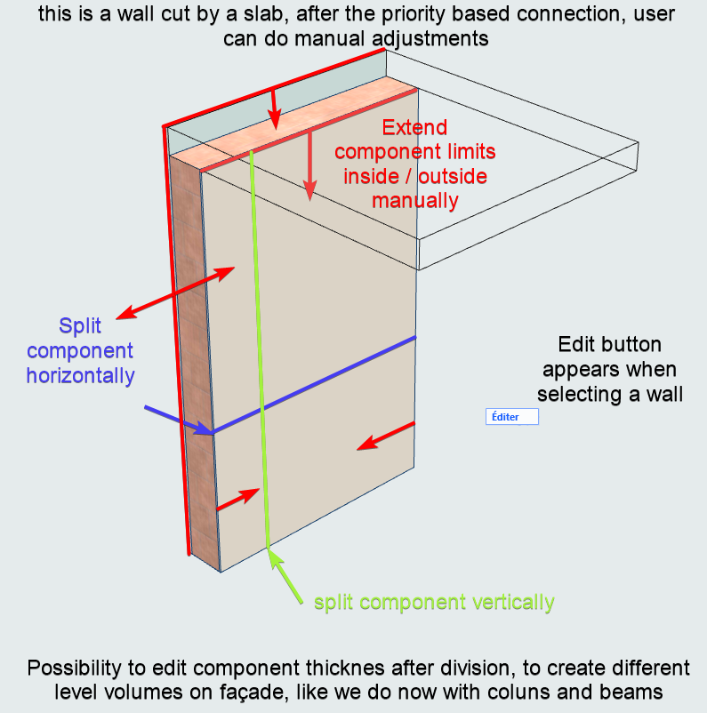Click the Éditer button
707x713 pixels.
[511, 417]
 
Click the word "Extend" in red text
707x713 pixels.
[414, 128]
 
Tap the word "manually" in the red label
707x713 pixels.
[414, 200]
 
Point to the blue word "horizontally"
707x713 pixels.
[80, 375]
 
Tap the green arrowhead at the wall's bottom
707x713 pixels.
[275, 559]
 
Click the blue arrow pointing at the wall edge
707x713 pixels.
[177, 421]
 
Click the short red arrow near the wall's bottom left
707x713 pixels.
[237, 499]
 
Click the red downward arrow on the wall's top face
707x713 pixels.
[276, 108]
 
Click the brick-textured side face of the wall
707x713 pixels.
[194, 356]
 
